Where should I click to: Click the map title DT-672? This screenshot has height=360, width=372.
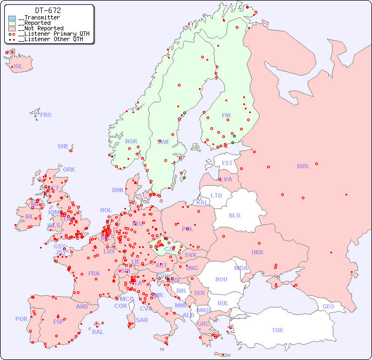48,10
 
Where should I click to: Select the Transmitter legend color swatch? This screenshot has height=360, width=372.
12,18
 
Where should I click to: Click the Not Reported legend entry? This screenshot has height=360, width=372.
40,28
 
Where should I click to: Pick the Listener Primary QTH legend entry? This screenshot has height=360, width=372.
49,34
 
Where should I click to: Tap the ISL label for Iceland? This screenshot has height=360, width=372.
18,67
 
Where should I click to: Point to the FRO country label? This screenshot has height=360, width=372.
46,115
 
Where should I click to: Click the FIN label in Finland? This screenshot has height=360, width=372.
226,115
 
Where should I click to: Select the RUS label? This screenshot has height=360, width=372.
302,166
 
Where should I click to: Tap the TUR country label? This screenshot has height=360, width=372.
277,330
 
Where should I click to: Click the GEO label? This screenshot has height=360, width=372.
328,306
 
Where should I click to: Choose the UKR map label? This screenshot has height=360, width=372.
257,252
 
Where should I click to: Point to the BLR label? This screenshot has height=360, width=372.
235,215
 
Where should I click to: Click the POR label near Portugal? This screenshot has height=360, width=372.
21,319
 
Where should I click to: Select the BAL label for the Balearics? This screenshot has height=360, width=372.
98,332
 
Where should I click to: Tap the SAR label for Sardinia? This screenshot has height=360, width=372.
142,320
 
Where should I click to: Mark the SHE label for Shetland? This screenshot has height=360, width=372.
63,146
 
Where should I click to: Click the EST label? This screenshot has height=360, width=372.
228,163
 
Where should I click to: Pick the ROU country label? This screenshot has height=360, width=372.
221,279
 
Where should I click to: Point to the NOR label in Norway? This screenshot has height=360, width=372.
131,141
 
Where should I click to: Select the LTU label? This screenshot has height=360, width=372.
216,195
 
